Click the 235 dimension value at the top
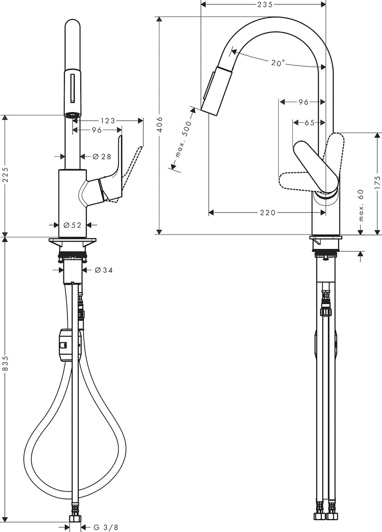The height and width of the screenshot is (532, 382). pyautogui.click(x=265, y=4)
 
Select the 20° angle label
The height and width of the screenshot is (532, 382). pyautogui.click(x=278, y=63)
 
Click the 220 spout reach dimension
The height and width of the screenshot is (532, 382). pyautogui.click(x=268, y=213)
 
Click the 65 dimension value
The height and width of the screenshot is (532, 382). pyautogui.click(x=309, y=123)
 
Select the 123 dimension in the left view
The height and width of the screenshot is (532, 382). pyautogui.click(x=107, y=121)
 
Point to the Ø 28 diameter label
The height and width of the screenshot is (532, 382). pyautogui.click(x=102, y=156)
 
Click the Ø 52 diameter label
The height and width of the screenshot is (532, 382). pyautogui.click(x=73, y=225)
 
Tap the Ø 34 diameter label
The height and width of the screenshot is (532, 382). pyautogui.click(x=103, y=270)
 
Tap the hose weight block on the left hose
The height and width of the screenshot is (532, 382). pyautogui.click(x=69, y=345)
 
